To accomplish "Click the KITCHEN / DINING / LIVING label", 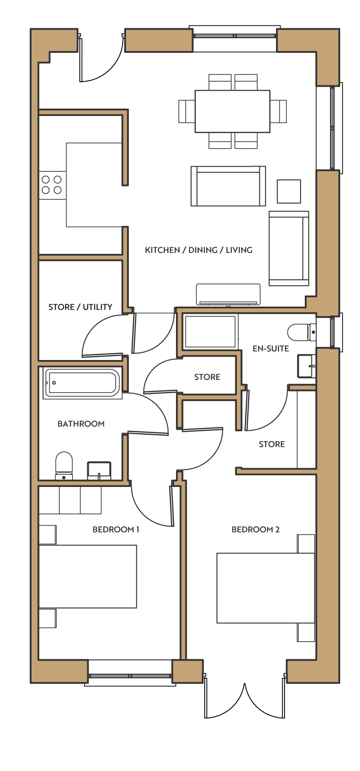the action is [199, 250].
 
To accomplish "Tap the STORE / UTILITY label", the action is [80, 307].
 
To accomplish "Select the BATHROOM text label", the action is [81, 424].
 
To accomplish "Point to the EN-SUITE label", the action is [271, 348].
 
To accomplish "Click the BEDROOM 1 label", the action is [116, 529].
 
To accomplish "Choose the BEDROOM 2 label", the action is [255, 529].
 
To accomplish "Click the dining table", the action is [232, 111].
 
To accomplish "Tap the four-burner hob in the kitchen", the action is [53, 185].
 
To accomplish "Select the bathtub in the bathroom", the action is [82, 383].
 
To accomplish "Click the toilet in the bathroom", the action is [64, 465].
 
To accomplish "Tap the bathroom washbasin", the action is [99, 470].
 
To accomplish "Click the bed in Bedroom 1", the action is [88, 576].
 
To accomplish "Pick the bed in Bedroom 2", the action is [266, 588].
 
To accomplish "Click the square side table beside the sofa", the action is [289, 192].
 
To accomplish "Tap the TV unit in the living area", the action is [228, 294].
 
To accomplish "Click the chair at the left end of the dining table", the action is [187, 111].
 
